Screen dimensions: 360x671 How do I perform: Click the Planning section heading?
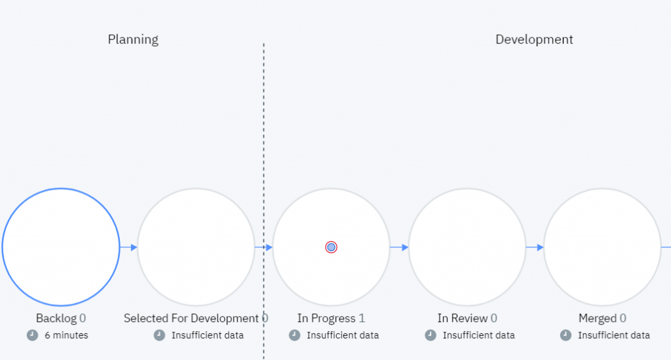click(133, 39)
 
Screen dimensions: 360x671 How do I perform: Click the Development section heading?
click(534, 39)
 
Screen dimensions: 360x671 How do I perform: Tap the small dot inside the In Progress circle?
click(331, 247)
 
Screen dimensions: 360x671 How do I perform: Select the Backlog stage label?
click(56, 319)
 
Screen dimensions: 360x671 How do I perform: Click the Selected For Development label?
click(191, 319)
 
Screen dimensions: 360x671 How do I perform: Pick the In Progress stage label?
click(326, 319)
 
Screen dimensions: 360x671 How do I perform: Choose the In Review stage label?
click(462, 319)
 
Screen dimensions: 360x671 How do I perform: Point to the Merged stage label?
click(597, 319)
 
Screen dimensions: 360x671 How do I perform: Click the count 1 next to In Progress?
click(362, 319)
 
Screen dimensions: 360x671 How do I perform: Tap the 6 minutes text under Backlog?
click(66, 335)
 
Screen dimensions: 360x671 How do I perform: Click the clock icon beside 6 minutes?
click(32, 335)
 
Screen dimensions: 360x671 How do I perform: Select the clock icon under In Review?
click(431, 335)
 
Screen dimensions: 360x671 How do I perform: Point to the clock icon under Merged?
click(566, 335)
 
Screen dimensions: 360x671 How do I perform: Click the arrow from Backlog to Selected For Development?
click(129, 247)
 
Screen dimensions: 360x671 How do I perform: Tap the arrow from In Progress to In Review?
click(399, 247)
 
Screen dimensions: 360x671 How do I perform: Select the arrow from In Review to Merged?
click(535, 247)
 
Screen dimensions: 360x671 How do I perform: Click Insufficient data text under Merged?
click(614, 335)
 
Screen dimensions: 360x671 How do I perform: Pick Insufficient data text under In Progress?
click(343, 335)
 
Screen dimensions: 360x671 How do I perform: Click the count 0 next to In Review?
click(493, 319)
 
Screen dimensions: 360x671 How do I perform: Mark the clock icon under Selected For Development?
click(159, 335)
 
